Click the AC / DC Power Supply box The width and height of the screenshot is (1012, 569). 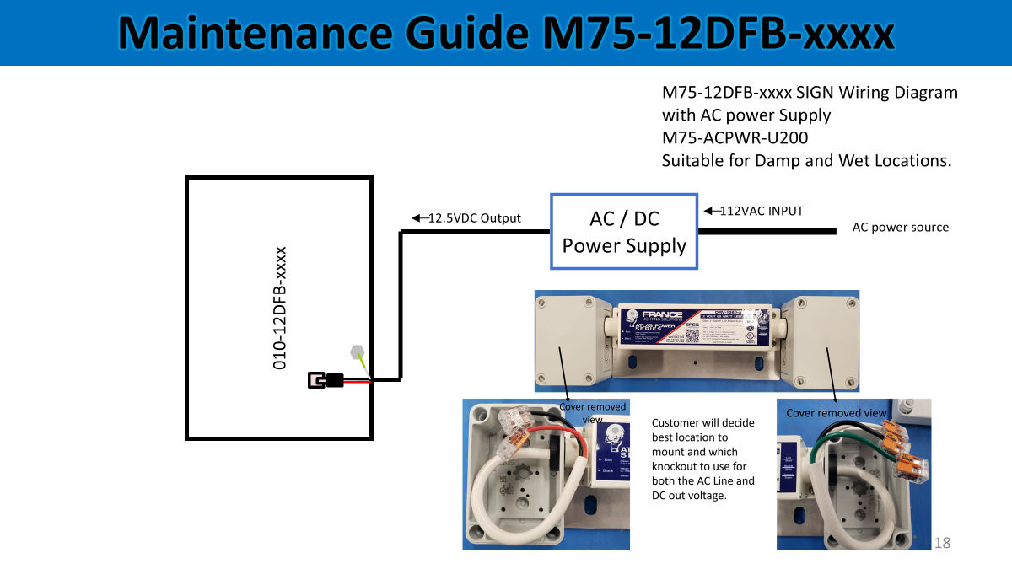(x=624, y=232)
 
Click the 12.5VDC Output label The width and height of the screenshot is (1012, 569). (x=474, y=218)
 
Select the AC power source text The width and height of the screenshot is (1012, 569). (x=900, y=228)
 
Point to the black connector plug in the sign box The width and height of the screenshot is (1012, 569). (x=326, y=380)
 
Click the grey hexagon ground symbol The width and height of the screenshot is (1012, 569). (x=357, y=352)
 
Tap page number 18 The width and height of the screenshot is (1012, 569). (x=942, y=543)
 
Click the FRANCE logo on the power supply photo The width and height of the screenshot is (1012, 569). (x=662, y=314)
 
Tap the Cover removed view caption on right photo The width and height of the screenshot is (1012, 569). (x=837, y=413)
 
